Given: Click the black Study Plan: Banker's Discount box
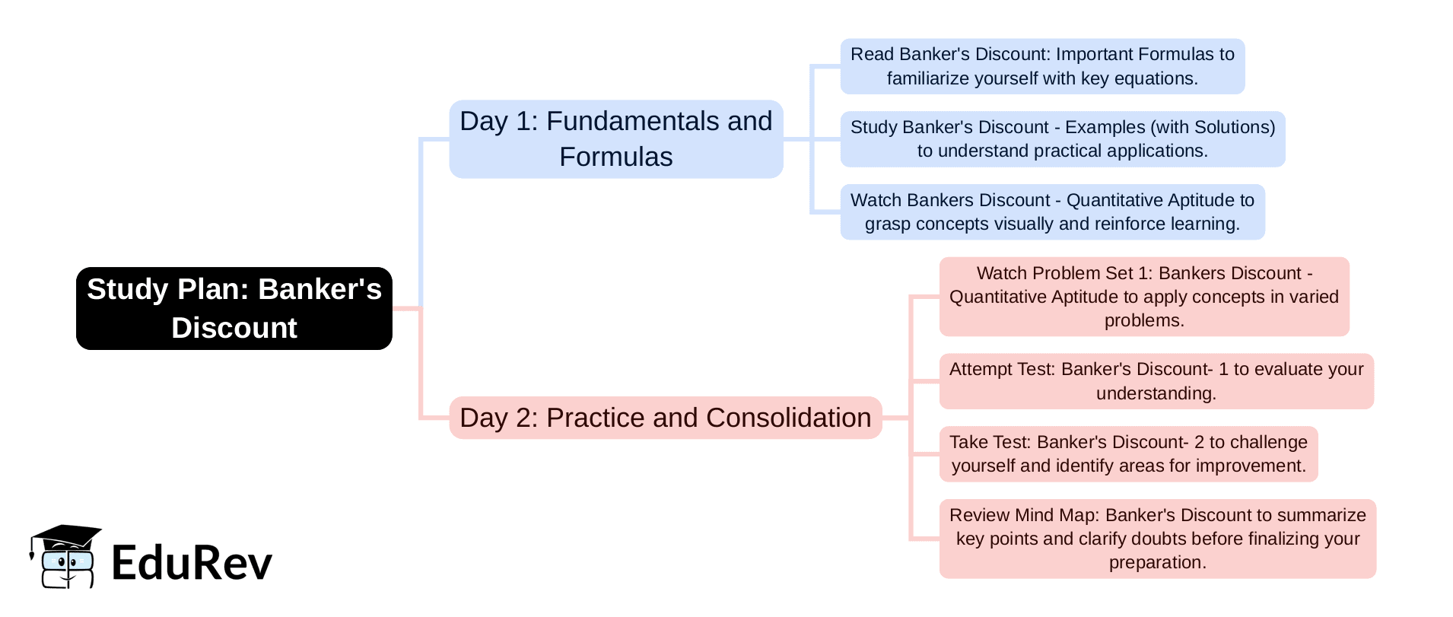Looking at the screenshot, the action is (234, 308).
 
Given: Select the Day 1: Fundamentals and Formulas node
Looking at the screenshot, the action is (616, 139).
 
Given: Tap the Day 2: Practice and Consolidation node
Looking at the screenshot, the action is (666, 418).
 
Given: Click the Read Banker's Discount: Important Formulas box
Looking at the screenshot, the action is (1042, 66).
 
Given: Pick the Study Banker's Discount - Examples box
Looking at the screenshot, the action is (1063, 139).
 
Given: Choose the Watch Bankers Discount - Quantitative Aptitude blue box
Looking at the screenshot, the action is (1053, 212).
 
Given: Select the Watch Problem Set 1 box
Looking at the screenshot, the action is (1144, 297).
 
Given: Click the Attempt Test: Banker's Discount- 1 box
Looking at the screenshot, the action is (1156, 381).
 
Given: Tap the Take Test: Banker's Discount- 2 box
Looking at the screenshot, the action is (1129, 454).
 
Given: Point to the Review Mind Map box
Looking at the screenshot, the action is (1158, 539).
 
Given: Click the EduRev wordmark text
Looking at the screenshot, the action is (192, 563).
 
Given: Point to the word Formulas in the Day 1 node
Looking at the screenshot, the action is (616, 157).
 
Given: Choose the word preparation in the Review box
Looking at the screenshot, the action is (1157, 563).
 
